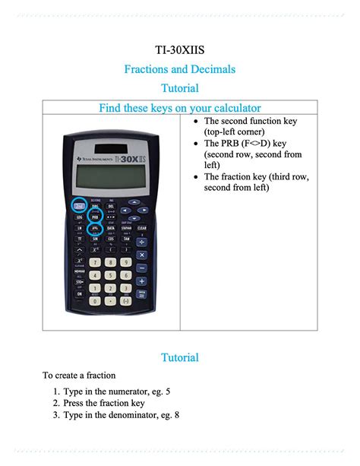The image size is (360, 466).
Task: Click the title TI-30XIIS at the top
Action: (x=180, y=50)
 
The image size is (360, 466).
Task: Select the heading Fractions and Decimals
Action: (x=180, y=69)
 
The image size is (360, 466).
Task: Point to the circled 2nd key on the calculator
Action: (x=78, y=204)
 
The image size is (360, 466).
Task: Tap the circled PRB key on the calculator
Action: (x=96, y=216)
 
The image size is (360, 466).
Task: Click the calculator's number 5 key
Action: (x=111, y=275)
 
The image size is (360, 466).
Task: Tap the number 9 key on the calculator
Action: (x=126, y=262)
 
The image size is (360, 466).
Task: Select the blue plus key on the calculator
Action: (x=142, y=280)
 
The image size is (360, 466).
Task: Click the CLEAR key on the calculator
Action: (x=141, y=227)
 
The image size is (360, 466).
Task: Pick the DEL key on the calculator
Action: (x=111, y=205)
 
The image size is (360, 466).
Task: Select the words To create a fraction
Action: (x=78, y=375)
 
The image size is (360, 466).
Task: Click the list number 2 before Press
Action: (x=56, y=403)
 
